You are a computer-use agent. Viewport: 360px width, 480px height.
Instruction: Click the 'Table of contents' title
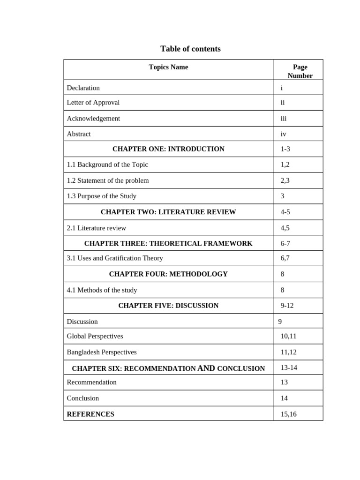coord(190,49)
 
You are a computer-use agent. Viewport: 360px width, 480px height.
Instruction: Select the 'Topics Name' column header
coord(168,67)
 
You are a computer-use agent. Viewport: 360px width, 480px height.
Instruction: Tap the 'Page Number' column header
coord(300,71)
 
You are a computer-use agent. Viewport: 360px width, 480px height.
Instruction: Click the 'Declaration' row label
coord(83,88)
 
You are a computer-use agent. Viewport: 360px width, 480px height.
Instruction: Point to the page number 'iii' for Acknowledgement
coord(284,118)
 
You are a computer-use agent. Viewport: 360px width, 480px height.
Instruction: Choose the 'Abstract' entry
coord(79,134)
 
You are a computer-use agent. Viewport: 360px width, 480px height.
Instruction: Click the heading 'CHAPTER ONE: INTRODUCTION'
coord(168,149)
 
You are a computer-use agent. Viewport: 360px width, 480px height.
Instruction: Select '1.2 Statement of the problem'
coord(108,180)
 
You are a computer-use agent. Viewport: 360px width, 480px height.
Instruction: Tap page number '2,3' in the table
coord(285,180)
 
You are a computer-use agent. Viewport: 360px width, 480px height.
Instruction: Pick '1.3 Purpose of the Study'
coord(102,196)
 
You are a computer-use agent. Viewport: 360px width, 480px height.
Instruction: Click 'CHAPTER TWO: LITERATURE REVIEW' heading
coord(168,212)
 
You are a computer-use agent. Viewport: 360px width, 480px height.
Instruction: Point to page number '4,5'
coord(285,228)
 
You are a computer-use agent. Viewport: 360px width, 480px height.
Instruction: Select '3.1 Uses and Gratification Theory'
coord(115,258)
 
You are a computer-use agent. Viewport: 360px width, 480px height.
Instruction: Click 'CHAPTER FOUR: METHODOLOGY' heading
coord(168,274)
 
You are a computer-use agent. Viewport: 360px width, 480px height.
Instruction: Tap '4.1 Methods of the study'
coord(102,290)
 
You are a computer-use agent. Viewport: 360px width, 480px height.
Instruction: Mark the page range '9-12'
coord(287,306)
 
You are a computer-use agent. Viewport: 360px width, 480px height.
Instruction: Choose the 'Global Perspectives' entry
coord(95,336)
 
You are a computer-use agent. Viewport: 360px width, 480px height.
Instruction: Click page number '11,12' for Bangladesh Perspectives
coord(289,352)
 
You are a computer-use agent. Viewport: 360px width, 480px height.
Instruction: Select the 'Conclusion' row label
coord(83,398)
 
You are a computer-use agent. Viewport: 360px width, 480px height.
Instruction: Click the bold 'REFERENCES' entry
coord(90,414)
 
